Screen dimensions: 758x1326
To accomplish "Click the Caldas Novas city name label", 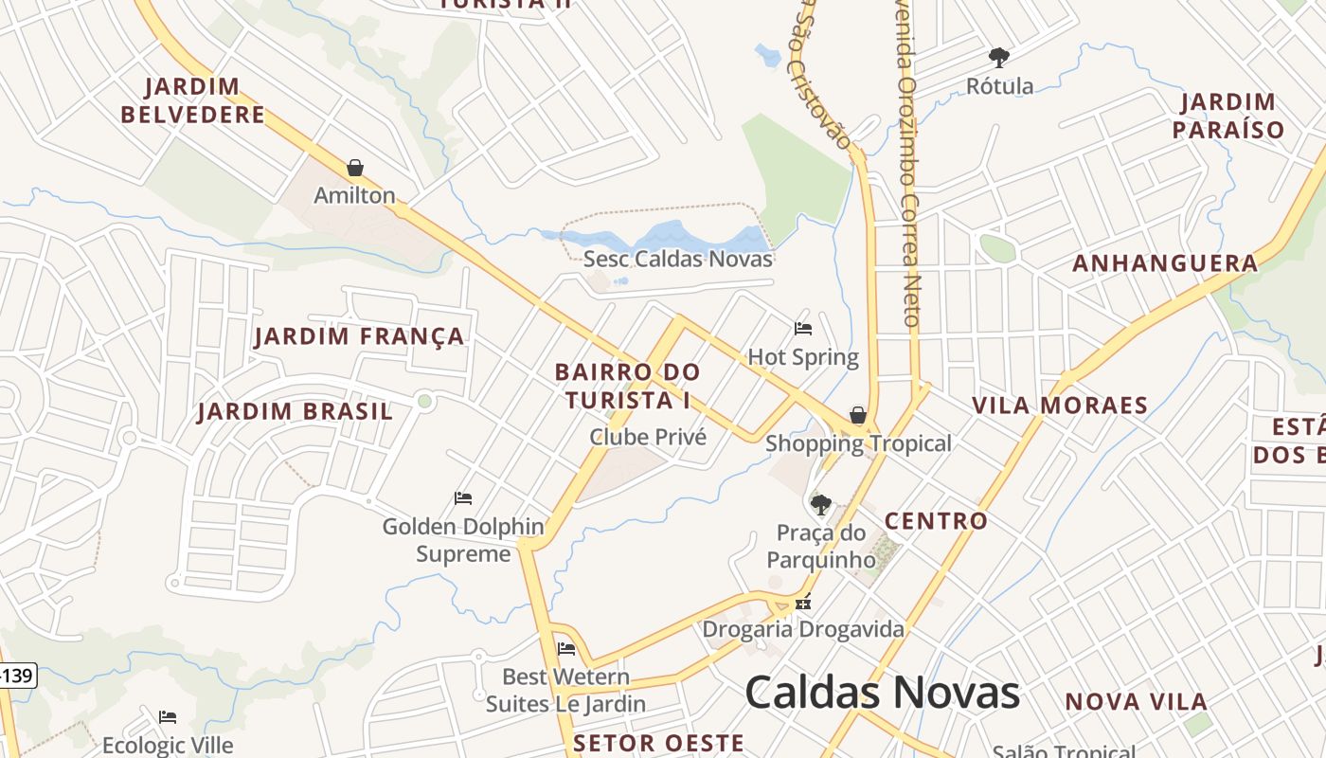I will click(882, 693).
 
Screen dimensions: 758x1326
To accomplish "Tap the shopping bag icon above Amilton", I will click(355, 168).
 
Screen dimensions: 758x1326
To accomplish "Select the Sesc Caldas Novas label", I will click(678, 259).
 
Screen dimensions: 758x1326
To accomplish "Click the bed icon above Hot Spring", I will click(803, 329).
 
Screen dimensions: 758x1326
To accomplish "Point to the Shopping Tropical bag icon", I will click(857, 415).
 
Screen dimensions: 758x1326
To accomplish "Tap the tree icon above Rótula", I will click(998, 58).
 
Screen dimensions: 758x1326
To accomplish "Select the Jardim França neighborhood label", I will click(360, 336).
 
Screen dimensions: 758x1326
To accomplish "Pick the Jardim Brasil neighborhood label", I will click(295, 411).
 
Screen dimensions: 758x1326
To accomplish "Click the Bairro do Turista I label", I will click(628, 386).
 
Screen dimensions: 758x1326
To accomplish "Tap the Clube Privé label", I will click(648, 437).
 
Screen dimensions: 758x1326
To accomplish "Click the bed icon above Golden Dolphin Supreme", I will click(463, 498).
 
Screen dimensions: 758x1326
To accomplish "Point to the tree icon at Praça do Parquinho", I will click(821, 504).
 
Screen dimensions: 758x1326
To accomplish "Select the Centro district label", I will click(936, 520).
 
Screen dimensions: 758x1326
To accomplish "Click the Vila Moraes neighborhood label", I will click(1060, 406).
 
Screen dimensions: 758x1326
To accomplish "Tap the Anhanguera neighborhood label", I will click(1165, 263).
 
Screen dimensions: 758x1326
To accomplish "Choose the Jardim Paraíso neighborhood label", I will click(1228, 116).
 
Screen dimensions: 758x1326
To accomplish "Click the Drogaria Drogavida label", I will click(803, 629).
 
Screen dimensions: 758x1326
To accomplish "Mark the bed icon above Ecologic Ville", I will click(168, 717).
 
